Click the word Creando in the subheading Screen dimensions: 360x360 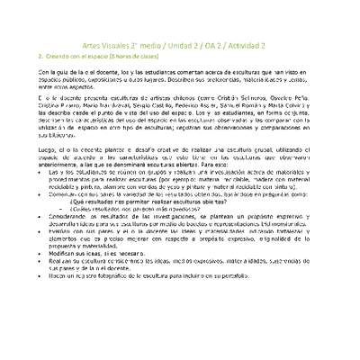pyautogui.click(x=58, y=57)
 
